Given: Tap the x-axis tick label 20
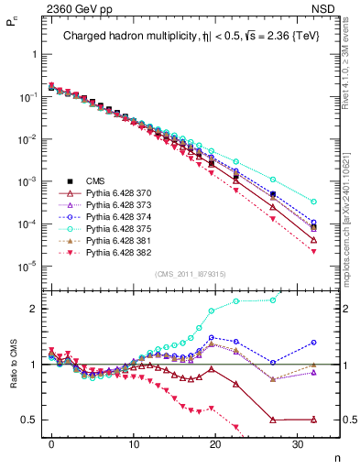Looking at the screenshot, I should click(x=214, y=442).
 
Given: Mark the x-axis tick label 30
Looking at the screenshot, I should click(x=297, y=442).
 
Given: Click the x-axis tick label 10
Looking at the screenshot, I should click(x=133, y=442).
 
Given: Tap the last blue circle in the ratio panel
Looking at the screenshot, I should click(x=314, y=342).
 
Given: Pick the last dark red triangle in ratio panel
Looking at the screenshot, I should click(x=314, y=420).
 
